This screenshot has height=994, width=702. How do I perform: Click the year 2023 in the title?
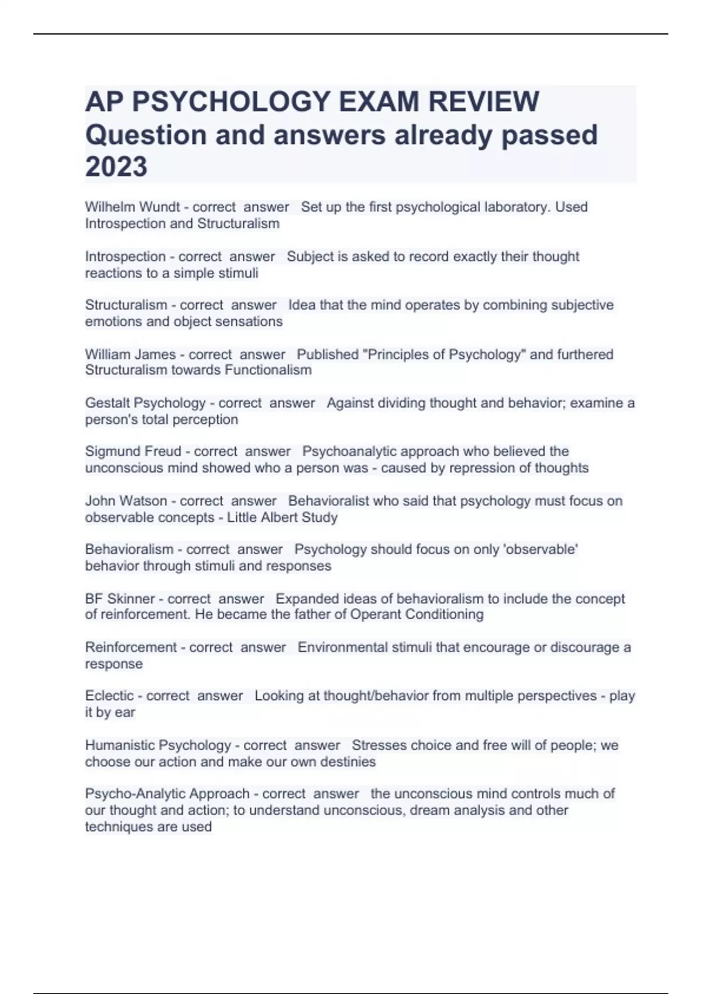click(116, 167)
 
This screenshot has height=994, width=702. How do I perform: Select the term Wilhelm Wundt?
click(132, 207)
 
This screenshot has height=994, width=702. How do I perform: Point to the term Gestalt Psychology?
click(145, 403)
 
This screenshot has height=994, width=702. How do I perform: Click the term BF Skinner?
click(119, 599)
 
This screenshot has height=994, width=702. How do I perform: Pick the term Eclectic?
click(109, 696)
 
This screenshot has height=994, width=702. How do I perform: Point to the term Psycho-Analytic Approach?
click(167, 794)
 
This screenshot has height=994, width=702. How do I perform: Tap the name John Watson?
click(126, 501)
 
